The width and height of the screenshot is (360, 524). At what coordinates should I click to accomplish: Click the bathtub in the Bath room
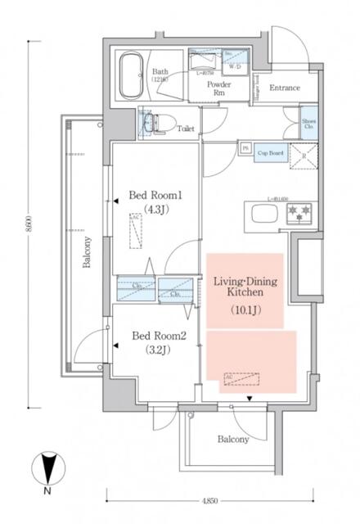tap(131, 75)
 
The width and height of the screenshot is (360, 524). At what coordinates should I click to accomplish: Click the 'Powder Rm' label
tap(218, 88)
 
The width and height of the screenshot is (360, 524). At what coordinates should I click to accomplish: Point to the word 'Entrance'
tap(284, 88)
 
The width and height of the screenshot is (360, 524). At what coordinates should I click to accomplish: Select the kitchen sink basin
tap(266, 215)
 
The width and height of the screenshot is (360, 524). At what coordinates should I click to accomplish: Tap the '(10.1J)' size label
tap(244, 310)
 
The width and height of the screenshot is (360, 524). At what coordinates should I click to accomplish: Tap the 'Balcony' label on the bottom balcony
tap(232, 439)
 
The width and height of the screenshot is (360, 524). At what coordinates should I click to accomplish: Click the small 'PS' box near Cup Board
tap(245, 147)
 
